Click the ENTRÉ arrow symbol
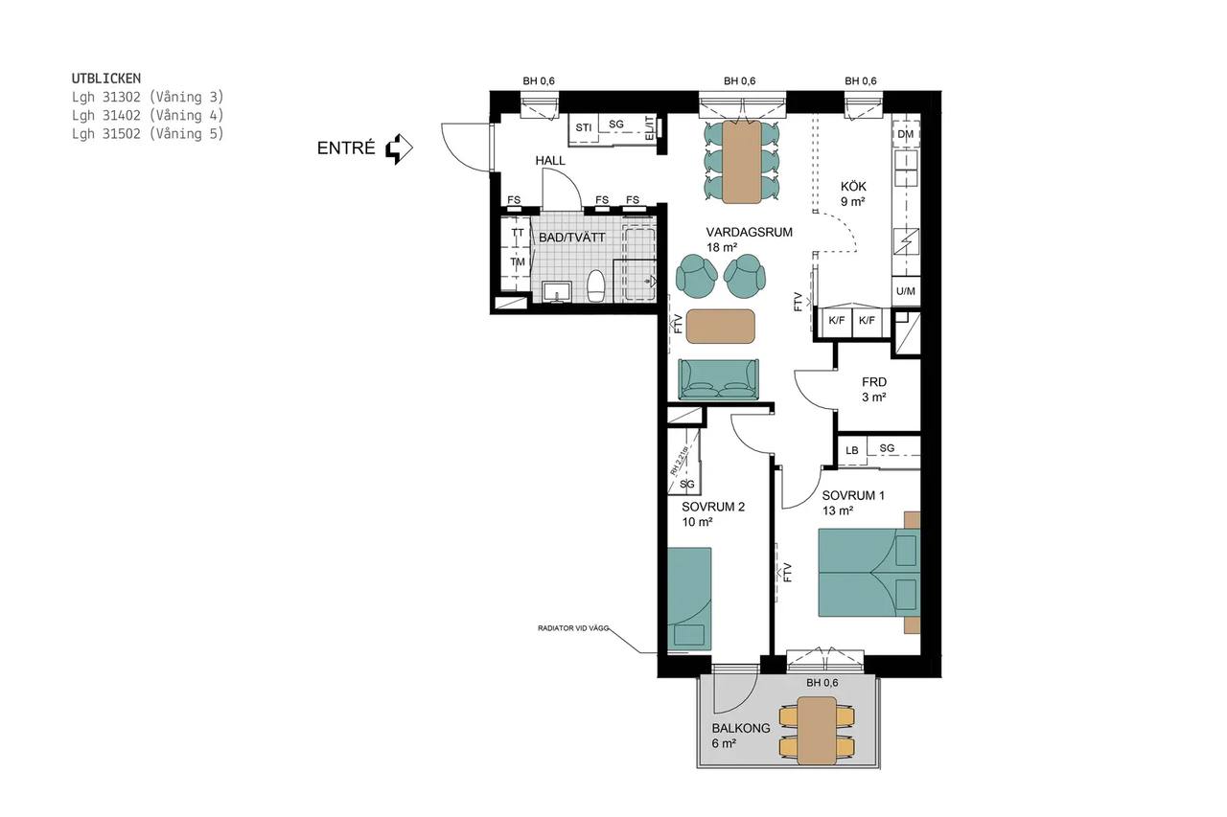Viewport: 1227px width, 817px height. click(399, 148)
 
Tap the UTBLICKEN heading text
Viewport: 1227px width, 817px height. click(106, 79)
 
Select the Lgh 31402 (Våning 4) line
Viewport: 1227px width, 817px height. click(148, 116)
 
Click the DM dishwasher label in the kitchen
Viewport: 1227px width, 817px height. click(906, 134)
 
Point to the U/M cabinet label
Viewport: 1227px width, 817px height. click(906, 291)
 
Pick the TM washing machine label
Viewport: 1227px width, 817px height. click(518, 262)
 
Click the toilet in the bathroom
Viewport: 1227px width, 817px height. click(595, 285)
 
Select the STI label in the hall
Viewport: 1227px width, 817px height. click(584, 127)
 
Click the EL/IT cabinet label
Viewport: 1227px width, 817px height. click(650, 127)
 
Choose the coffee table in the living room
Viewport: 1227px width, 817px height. click(720, 327)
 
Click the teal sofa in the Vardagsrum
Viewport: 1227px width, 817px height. click(719, 379)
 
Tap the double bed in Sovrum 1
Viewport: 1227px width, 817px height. click(868, 573)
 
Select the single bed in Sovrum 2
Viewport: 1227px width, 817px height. click(689, 599)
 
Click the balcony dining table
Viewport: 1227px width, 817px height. click(817, 731)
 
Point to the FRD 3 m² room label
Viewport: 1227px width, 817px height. click(873, 390)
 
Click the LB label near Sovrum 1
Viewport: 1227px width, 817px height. click(852, 451)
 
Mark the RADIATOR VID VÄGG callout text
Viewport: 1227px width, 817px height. click(573, 628)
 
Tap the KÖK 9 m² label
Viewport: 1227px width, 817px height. click(853, 194)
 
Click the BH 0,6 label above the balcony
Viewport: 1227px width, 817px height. click(822, 683)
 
